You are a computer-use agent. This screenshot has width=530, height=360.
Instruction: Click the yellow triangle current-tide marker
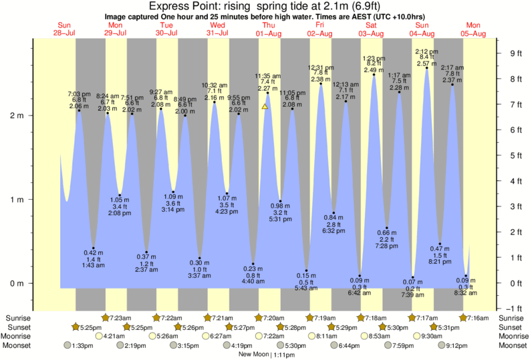(265, 106)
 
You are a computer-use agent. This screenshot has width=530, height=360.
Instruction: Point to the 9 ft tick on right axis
(515, 53)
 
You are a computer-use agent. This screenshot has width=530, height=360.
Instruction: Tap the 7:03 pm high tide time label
(80, 95)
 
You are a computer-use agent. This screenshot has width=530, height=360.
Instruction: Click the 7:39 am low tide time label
(413, 295)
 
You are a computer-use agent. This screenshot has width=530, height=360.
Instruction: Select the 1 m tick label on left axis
(19, 200)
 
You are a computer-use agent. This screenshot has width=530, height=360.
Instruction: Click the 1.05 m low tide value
(120, 198)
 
